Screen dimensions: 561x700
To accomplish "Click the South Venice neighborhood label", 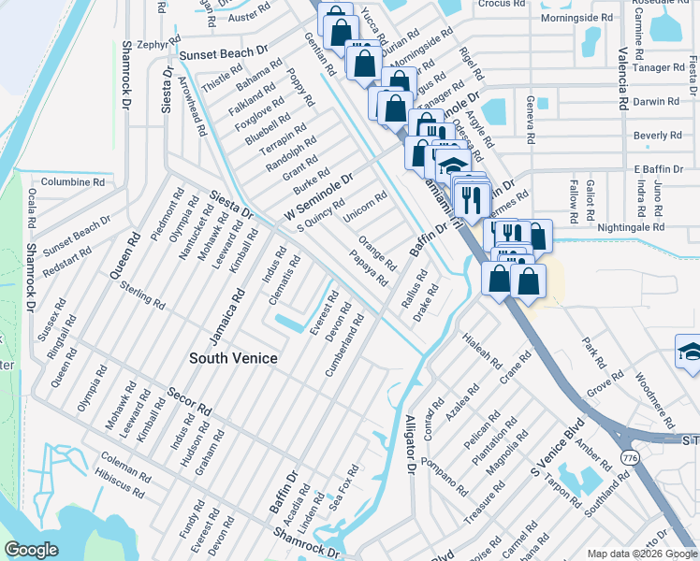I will (x=233, y=357).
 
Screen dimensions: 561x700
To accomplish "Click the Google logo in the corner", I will (x=32, y=550).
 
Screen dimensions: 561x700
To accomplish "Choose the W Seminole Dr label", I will (x=318, y=198).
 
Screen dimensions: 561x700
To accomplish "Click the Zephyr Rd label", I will (x=157, y=43).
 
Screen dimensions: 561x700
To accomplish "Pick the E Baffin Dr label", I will (x=661, y=168).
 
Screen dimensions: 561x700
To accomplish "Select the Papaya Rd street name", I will (x=369, y=268).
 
